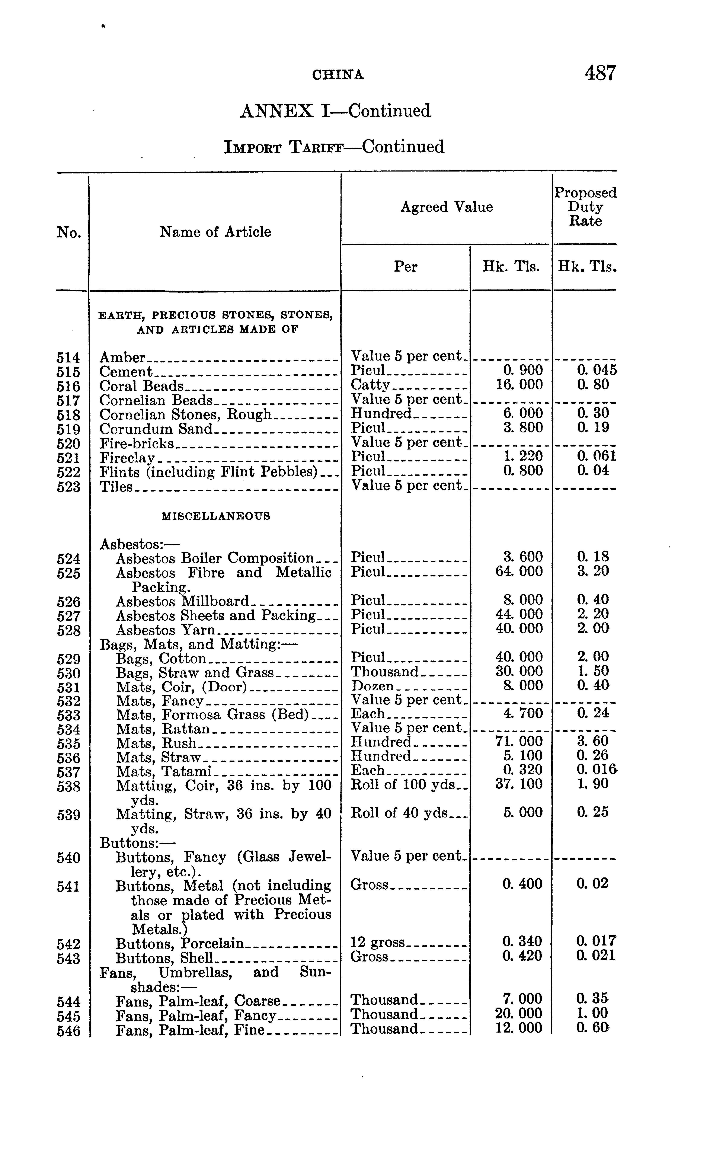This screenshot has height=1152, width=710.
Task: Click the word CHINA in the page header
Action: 338,75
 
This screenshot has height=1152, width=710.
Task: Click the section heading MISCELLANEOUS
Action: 215,516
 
